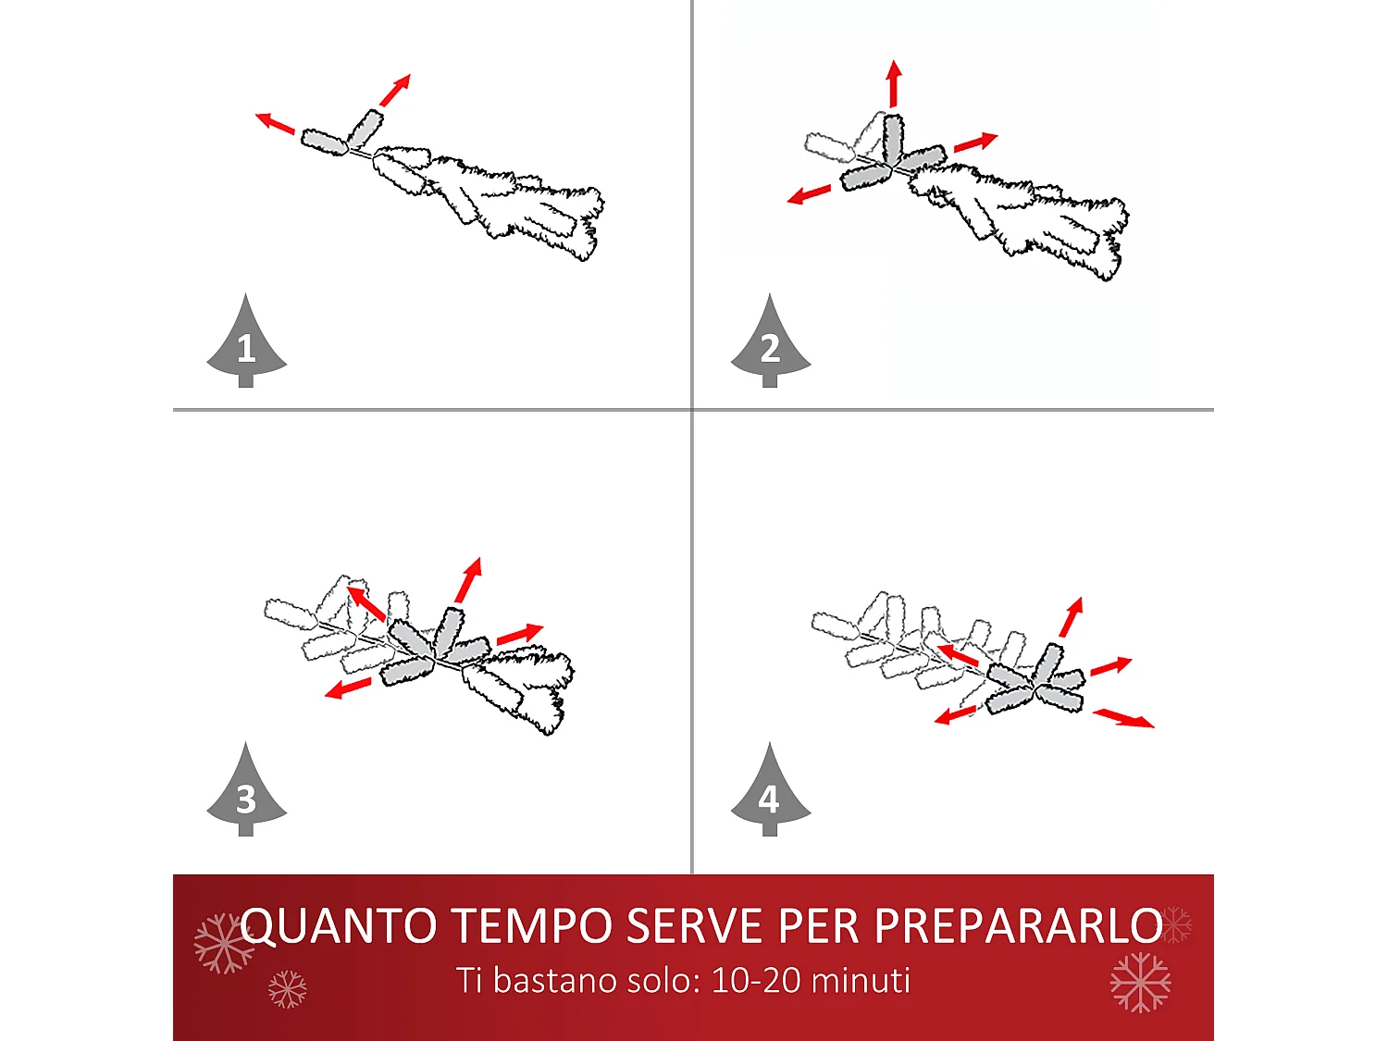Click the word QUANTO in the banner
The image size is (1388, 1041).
point(339,926)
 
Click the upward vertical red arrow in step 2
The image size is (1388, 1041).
point(894,83)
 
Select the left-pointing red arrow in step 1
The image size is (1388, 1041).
point(275,123)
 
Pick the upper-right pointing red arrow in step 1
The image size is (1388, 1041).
point(395,90)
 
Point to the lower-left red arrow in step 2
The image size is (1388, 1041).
point(809,194)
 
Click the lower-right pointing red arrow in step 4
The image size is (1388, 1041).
point(1123,718)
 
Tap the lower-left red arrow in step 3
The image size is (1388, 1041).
point(348,688)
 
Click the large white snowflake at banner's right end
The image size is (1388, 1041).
point(1140,982)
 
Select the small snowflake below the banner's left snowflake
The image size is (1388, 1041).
point(287,989)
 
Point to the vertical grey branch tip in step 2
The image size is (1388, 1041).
point(893,139)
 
